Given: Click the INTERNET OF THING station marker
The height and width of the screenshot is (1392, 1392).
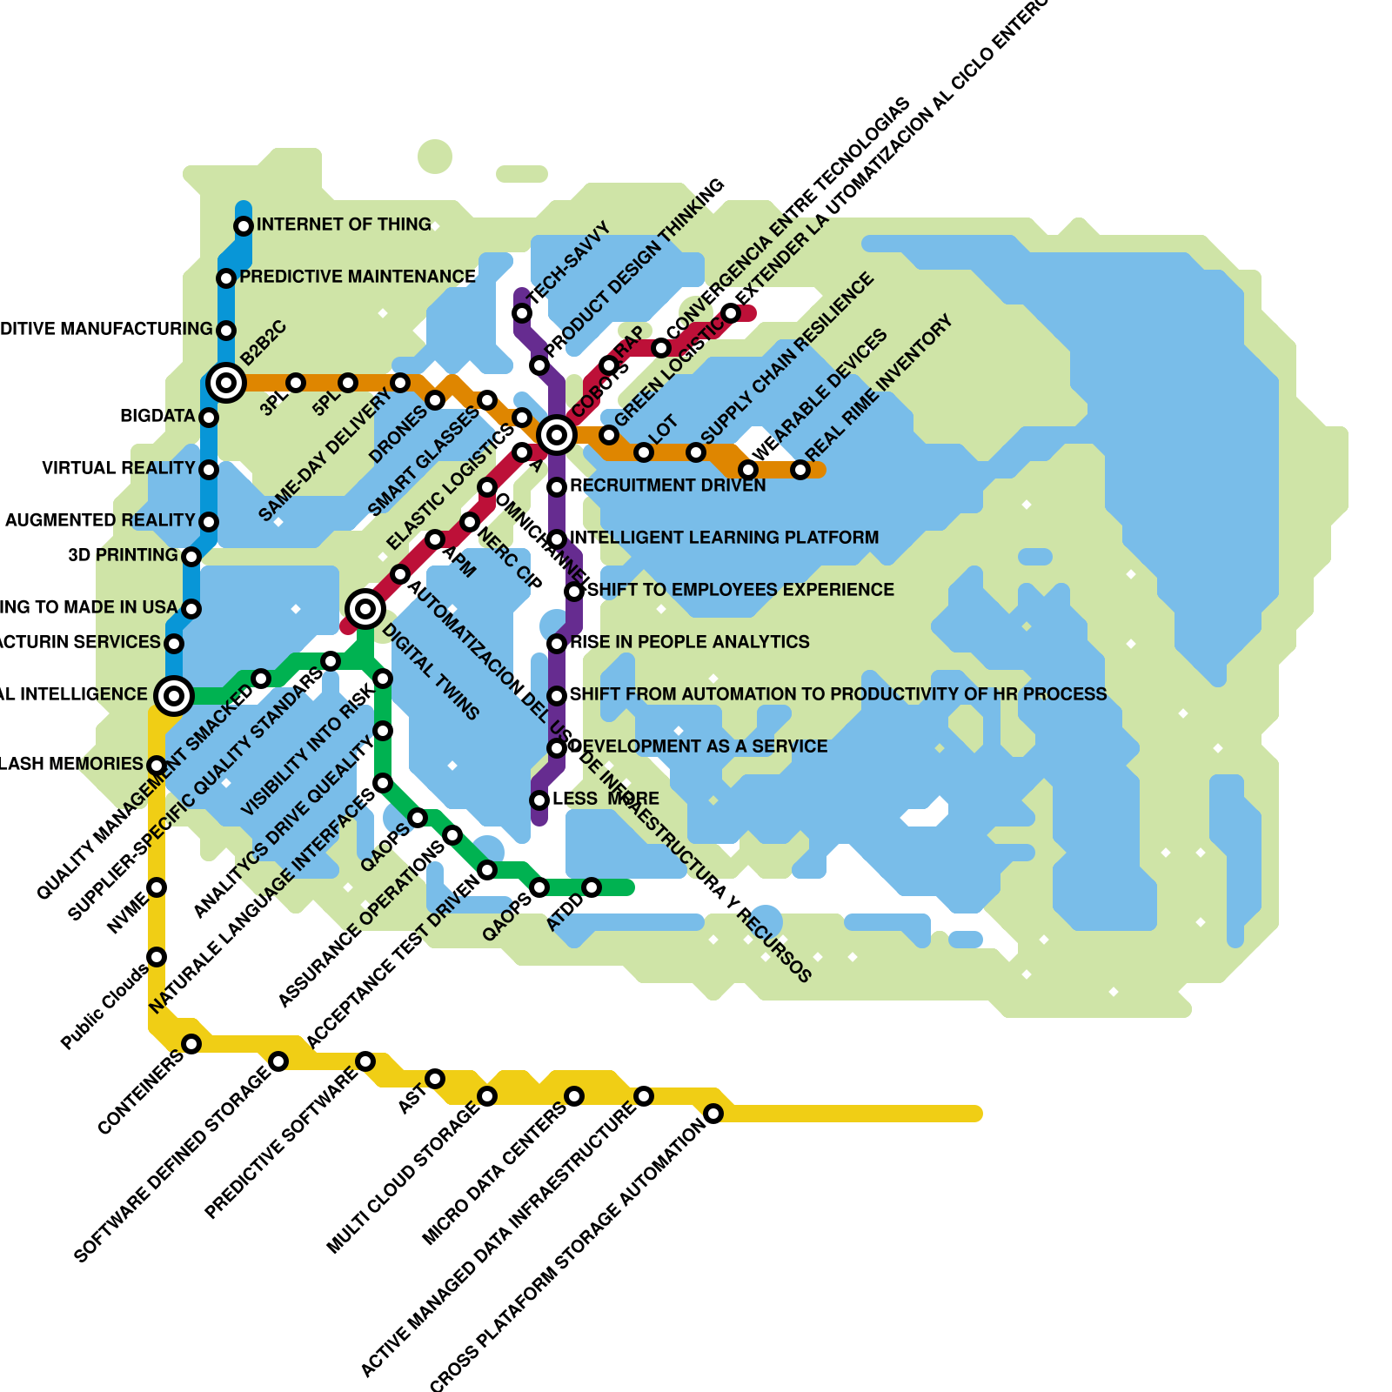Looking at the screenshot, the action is point(244,226).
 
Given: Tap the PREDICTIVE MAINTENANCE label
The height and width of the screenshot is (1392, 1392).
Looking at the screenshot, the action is point(357,277).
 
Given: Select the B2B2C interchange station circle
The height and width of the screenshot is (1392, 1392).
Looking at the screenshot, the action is point(226,382).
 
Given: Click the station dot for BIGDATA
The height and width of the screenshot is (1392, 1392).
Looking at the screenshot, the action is point(209,418).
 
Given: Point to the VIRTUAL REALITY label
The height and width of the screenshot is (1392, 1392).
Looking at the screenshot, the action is point(118,468).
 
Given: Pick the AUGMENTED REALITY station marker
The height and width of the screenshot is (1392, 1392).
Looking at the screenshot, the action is point(209,522).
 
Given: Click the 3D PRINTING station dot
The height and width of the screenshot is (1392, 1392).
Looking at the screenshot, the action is point(191,557).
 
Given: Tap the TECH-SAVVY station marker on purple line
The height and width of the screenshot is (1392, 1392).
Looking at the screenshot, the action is point(522,313).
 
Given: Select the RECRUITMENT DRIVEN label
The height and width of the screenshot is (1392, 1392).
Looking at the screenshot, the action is point(667,485).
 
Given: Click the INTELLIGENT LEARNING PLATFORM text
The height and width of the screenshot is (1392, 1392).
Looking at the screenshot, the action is point(724,538).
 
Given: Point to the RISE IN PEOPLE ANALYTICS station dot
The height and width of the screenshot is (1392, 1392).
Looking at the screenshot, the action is point(557,644).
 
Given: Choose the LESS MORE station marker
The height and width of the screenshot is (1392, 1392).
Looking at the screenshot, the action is point(539,800).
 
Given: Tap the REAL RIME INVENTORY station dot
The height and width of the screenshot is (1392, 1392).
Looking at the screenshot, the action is point(800,470).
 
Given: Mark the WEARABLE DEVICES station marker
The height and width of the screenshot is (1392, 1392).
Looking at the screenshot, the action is point(748,470).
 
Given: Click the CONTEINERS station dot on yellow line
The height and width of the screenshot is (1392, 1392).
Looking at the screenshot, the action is point(191,1044).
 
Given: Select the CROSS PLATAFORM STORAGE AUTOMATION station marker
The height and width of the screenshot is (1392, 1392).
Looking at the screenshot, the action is point(713,1114).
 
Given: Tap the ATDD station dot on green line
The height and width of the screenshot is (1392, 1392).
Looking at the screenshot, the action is point(592,887).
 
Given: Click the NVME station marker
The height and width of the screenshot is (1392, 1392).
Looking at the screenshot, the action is point(157,887).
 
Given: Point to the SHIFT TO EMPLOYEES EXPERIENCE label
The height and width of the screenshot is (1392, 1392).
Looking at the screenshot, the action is point(740,590).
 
